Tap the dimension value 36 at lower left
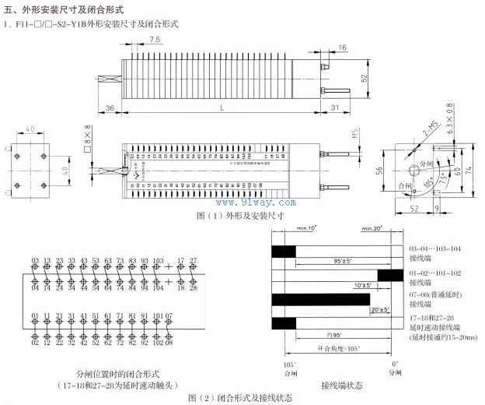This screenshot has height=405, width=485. click(x=110, y=107)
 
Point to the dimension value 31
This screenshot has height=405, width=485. click(x=335, y=107)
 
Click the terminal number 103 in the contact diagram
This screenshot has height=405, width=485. click(x=158, y=260)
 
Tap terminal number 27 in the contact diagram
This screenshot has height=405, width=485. click(x=193, y=260)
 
